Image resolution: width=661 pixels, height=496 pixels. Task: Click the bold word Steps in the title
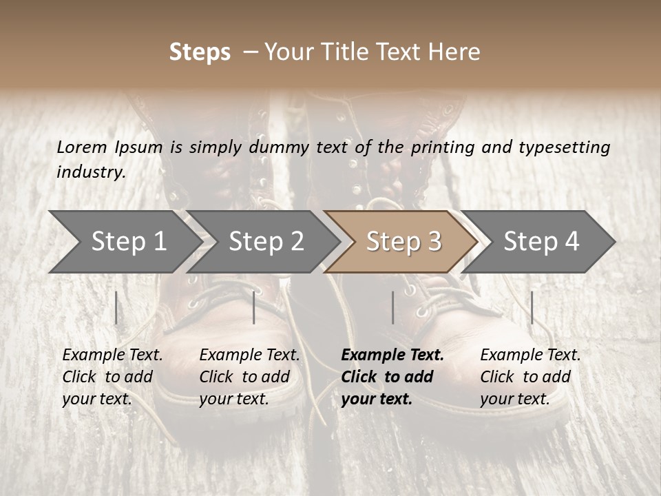tap(200, 52)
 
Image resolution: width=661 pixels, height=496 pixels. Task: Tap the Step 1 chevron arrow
tap(124, 242)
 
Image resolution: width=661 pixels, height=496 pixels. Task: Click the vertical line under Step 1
tap(116, 307)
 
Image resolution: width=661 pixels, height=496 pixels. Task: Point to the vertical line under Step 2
tap(254, 307)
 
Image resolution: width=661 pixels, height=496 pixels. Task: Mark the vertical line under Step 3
tap(392, 307)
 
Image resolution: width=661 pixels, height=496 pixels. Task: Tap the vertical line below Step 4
tap(532, 307)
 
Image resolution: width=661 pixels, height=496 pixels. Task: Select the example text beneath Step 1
tap(112, 377)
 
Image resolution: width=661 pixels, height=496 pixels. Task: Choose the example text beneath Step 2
tap(249, 377)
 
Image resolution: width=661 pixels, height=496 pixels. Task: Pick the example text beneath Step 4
tap(529, 377)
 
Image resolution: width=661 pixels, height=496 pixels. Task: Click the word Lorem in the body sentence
tap(82, 147)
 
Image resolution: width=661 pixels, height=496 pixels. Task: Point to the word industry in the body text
tap(91, 172)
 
